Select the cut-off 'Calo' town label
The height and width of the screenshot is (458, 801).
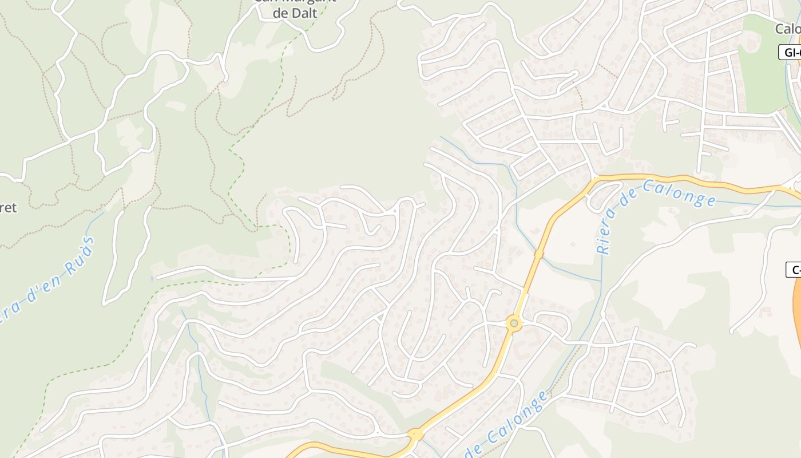[788, 29]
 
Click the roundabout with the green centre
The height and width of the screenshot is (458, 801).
[514, 324]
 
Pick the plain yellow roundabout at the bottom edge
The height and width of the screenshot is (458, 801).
[416, 435]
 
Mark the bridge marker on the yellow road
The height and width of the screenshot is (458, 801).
[538, 252]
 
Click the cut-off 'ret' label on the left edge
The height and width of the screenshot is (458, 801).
[9, 207]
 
